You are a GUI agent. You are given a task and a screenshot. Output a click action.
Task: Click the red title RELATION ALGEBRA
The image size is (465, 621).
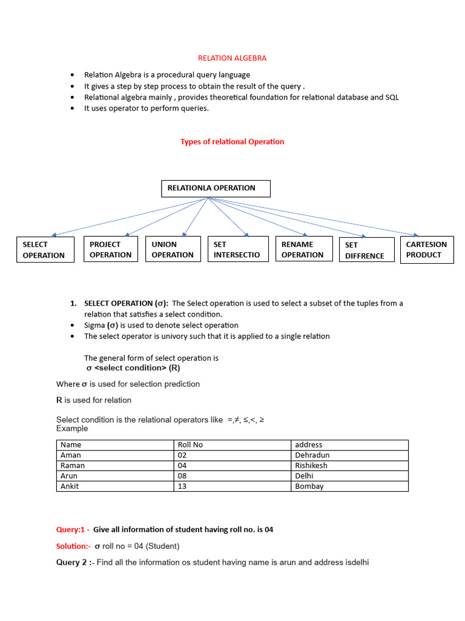tap(232, 58)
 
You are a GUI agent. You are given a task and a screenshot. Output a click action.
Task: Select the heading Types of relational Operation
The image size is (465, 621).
tap(232, 141)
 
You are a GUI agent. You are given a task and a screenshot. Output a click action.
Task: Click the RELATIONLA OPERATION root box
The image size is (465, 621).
tap(216, 188)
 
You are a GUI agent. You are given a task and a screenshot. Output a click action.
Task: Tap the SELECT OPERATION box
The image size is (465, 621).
tap(45, 249)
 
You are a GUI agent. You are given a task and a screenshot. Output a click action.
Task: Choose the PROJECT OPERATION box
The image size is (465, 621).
tap(111, 249)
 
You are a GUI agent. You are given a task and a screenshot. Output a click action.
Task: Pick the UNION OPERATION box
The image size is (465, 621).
tap(173, 249)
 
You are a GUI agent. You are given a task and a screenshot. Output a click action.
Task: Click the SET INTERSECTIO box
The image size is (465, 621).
tap(238, 249)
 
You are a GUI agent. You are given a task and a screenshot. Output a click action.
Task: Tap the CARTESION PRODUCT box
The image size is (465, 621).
tap(427, 249)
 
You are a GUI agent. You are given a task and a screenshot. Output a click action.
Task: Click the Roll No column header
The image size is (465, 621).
tap(190, 445)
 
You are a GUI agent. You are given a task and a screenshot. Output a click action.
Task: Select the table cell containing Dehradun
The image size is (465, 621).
tap(312, 455)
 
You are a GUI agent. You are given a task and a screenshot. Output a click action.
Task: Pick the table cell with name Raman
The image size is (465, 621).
tap(73, 465)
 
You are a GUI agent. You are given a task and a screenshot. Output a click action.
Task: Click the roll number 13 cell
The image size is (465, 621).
tap(182, 486)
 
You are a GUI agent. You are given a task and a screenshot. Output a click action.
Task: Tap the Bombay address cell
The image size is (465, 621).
tap(309, 486)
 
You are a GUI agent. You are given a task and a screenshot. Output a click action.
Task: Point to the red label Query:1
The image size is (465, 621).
tap(73, 529)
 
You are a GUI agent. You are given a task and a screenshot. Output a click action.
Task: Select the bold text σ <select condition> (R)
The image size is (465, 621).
tap(133, 368)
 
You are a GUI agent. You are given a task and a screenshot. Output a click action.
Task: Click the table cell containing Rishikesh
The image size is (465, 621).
tap(311, 465)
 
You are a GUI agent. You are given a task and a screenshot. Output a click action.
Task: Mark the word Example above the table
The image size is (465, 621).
tap(72, 428)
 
